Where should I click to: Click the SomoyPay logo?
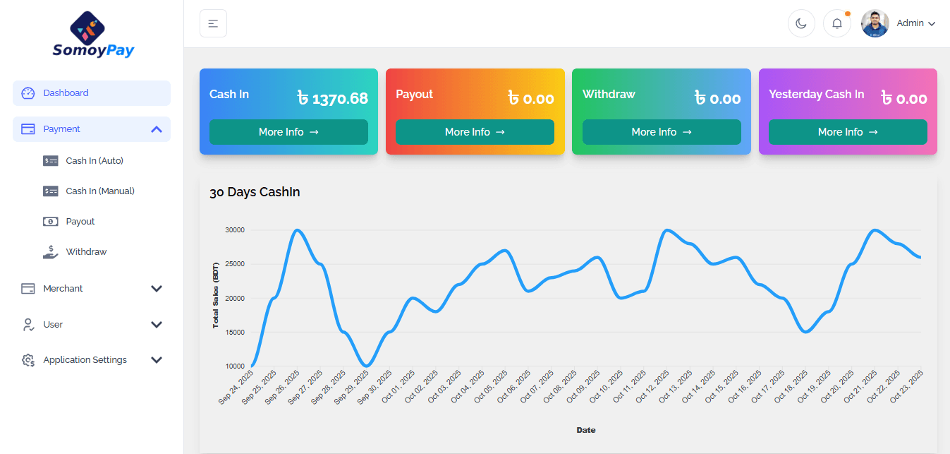click(92, 35)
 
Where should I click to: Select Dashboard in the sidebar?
click(66, 93)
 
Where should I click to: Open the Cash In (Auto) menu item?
click(95, 161)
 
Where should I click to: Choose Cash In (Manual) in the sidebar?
click(99, 191)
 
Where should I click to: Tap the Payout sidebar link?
click(80, 222)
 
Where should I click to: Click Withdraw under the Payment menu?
click(86, 252)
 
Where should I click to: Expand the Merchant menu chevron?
click(157, 289)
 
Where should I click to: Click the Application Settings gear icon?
click(28, 360)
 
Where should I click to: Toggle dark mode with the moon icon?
click(801, 23)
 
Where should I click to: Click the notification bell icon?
click(837, 23)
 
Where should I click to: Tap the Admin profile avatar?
click(875, 23)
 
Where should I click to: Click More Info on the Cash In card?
click(288, 132)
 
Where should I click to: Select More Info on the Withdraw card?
click(662, 132)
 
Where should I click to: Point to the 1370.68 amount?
click(340, 99)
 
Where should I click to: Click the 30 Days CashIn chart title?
click(255, 192)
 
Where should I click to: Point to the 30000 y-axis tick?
click(234, 230)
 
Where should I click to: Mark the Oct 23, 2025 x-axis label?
click(906, 387)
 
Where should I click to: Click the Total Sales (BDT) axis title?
click(216, 295)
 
